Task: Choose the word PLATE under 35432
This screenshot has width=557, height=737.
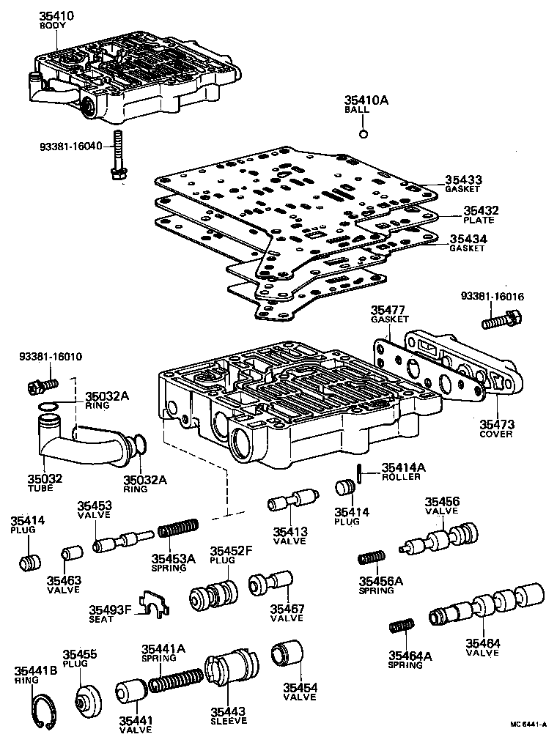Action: point(479,220)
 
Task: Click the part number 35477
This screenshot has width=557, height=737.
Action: point(386,311)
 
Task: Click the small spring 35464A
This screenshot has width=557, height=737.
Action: point(400,628)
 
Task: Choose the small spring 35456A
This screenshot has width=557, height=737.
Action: point(372,559)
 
